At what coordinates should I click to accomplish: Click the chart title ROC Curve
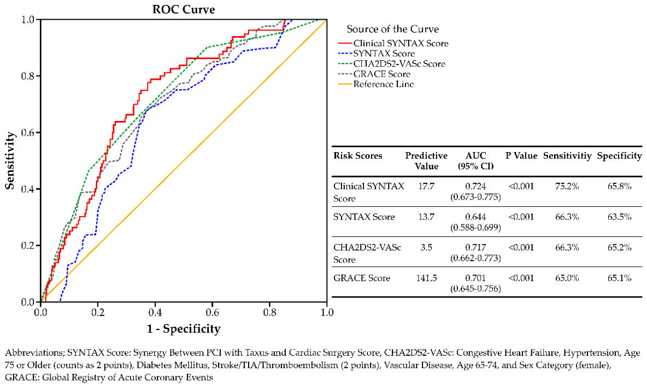(184, 9)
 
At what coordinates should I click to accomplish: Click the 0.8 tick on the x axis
(270, 312)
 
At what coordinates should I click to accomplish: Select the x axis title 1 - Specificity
(184, 329)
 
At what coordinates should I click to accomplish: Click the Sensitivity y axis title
(10, 161)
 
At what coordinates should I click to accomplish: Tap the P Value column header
(521, 156)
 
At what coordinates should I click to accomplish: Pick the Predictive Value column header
(426, 161)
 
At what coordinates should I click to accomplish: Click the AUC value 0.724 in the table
(475, 187)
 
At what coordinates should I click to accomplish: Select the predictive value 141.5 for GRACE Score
(426, 278)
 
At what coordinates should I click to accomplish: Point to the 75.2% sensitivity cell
(567, 187)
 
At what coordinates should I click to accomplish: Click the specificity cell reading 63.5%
(619, 217)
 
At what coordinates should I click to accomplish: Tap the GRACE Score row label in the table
(362, 278)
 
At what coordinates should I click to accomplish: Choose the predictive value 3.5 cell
(426, 247)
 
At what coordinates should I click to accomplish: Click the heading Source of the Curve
(392, 29)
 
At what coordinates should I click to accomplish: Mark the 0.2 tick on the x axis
(98, 312)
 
